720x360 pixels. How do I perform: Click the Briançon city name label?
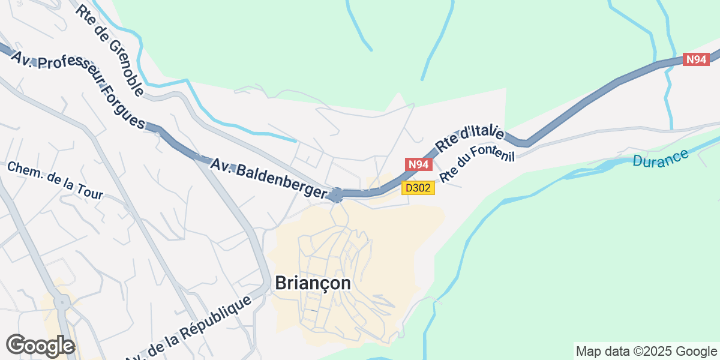[x=313, y=283]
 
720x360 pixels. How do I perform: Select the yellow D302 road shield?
[x=418, y=188]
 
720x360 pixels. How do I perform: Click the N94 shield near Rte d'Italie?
[x=418, y=164]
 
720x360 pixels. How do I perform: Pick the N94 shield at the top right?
[x=697, y=59]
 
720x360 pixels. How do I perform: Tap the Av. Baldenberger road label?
[x=269, y=178]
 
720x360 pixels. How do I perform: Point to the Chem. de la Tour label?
[x=55, y=180]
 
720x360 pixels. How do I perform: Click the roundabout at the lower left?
[x=62, y=303]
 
